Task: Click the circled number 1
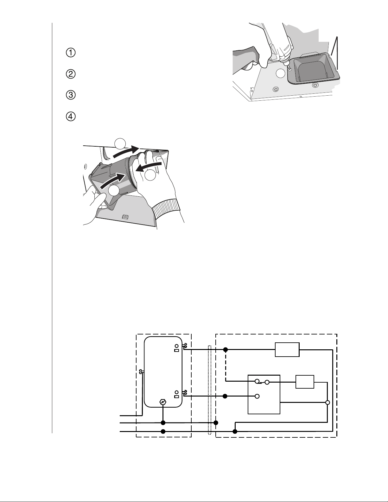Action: (x=71, y=53)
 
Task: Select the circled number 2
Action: (x=71, y=74)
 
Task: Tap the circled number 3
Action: (x=71, y=95)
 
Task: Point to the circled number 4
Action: (x=71, y=117)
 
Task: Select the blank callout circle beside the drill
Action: (x=281, y=73)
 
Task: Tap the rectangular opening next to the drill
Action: (x=314, y=68)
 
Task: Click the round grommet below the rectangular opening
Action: (x=314, y=85)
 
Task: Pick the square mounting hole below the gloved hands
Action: (x=125, y=217)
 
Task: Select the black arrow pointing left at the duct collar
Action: (x=148, y=167)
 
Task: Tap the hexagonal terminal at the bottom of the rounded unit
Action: (x=163, y=402)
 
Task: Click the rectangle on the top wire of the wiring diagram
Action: (x=287, y=350)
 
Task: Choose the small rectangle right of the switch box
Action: (x=305, y=382)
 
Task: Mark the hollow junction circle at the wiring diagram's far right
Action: (x=328, y=403)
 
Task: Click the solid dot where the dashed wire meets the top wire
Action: (x=226, y=350)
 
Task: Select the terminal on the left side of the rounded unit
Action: (x=142, y=372)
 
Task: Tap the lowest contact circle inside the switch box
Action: (x=257, y=396)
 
